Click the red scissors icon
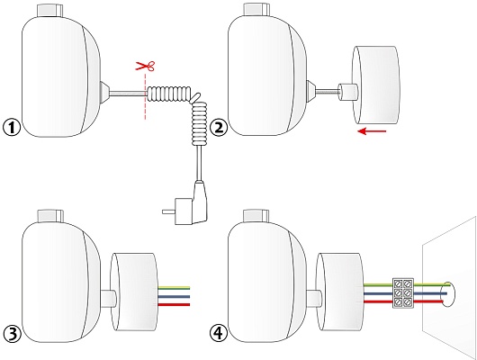(x=145, y=66)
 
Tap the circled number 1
(x=12, y=128)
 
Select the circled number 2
(x=219, y=128)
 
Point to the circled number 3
(x=12, y=334)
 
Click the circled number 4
(x=219, y=334)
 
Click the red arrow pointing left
(x=372, y=131)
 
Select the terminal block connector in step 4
(x=403, y=292)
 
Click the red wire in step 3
(x=174, y=304)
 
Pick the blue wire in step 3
(x=174, y=296)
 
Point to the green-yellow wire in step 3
(x=174, y=288)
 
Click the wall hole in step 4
(x=448, y=294)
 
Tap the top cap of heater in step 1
(x=49, y=11)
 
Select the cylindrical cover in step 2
(x=375, y=85)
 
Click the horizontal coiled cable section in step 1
(x=169, y=93)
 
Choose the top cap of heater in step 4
(x=256, y=216)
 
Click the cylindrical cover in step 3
(x=133, y=292)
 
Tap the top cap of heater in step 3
(x=49, y=216)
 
